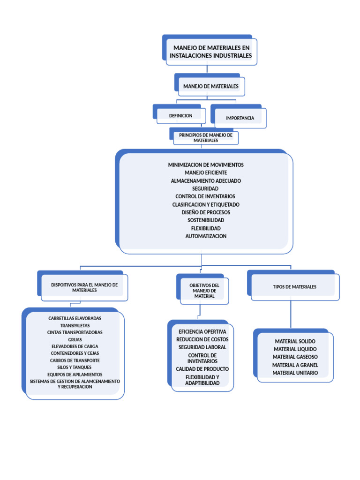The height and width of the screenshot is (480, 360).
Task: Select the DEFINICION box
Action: tap(180, 115)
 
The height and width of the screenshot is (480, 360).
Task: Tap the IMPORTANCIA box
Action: tap(240, 118)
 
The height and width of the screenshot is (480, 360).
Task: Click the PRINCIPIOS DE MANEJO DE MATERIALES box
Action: tap(206, 138)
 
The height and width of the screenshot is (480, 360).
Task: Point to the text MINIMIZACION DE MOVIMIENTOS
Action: tap(206, 165)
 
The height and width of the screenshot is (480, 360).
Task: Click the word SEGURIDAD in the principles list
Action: tap(205, 188)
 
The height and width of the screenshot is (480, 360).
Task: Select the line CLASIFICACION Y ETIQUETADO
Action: tap(206, 204)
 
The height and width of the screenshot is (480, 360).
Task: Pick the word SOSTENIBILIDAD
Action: tap(206, 220)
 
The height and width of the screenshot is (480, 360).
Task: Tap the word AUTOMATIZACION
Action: tap(206, 236)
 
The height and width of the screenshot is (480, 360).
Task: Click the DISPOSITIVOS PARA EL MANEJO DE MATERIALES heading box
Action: tap(84, 287)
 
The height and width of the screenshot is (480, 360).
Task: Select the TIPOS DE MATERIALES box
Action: tap(294, 287)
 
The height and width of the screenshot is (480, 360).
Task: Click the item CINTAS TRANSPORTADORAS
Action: tap(75, 332)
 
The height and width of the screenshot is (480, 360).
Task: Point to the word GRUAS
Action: tap(75, 339)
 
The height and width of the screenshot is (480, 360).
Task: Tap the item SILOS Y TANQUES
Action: tap(75, 367)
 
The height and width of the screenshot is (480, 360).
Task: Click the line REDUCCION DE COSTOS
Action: tap(202, 339)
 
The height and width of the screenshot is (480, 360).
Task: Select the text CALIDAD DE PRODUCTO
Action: tap(202, 369)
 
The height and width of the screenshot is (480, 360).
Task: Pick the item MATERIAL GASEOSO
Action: tap(295, 357)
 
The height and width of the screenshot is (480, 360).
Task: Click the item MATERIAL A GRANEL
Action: tap(295, 365)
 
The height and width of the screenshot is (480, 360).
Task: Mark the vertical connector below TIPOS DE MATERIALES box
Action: tap(291, 314)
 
